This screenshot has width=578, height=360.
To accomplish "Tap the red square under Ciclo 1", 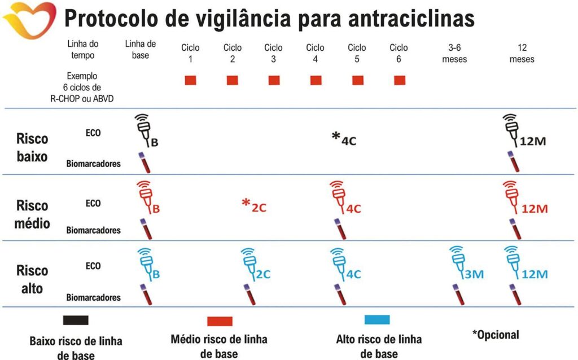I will [x=190, y=80].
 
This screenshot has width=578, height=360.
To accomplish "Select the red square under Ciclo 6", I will [x=400, y=80].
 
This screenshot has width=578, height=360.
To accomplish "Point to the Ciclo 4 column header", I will [x=316, y=53].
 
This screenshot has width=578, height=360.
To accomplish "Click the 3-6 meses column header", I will [x=455, y=53].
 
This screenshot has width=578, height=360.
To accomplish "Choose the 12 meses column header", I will [x=521, y=53].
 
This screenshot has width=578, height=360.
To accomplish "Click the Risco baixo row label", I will [x=32, y=147].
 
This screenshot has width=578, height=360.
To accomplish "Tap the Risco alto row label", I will [x=32, y=279].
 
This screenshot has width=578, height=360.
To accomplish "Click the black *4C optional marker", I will [x=344, y=138].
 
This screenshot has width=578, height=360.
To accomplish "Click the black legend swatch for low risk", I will [x=76, y=320].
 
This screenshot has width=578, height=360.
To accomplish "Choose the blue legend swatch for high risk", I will [x=377, y=320].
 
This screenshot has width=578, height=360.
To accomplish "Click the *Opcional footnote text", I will [x=496, y=335].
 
